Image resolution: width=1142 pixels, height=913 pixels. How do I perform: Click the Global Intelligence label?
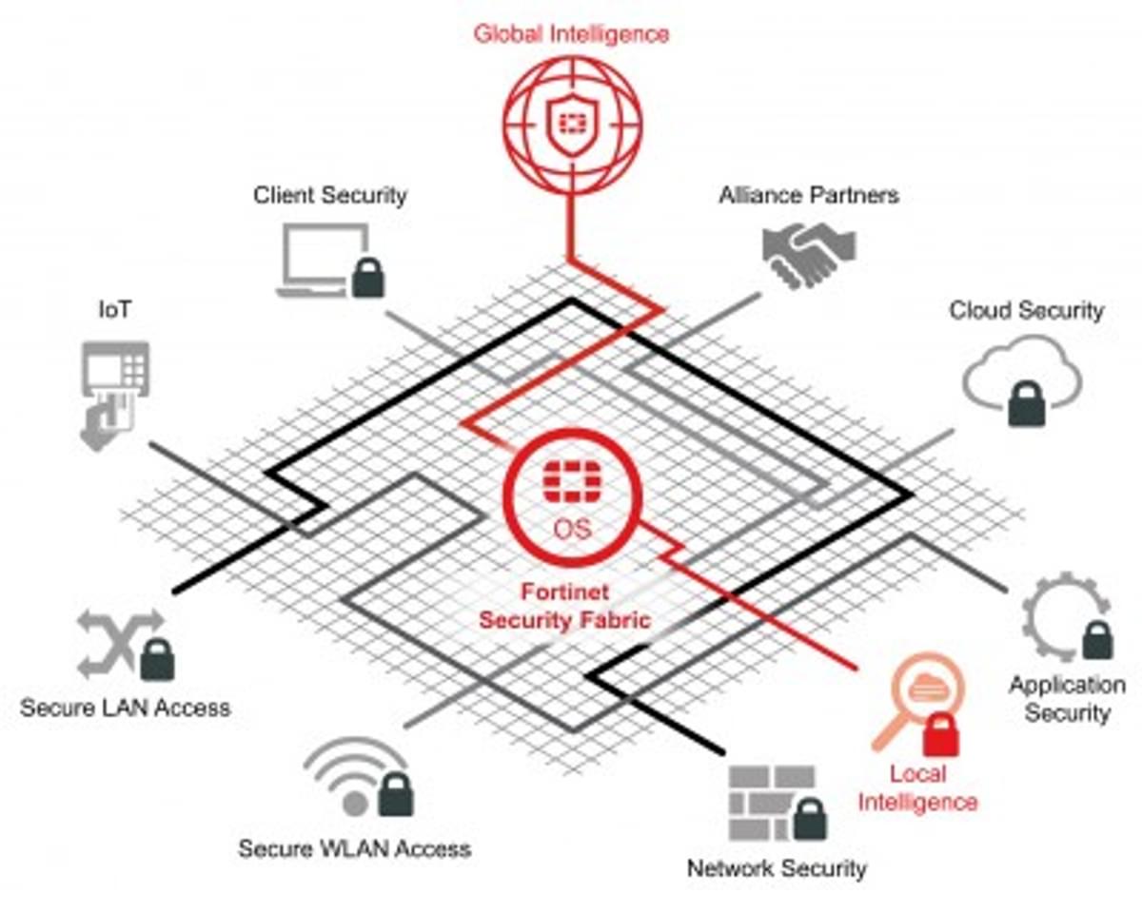[x=571, y=33]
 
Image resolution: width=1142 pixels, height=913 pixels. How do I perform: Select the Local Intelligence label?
[x=917, y=787]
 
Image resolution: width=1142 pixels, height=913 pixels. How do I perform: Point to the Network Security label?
[x=777, y=867]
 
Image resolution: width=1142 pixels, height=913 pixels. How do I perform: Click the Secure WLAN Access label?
[x=354, y=848]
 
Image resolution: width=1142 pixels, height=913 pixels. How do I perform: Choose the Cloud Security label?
[x=1026, y=310]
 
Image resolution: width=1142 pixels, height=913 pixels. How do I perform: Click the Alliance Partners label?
[x=808, y=196]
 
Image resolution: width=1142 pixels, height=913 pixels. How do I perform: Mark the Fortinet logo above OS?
[x=572, y=481]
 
